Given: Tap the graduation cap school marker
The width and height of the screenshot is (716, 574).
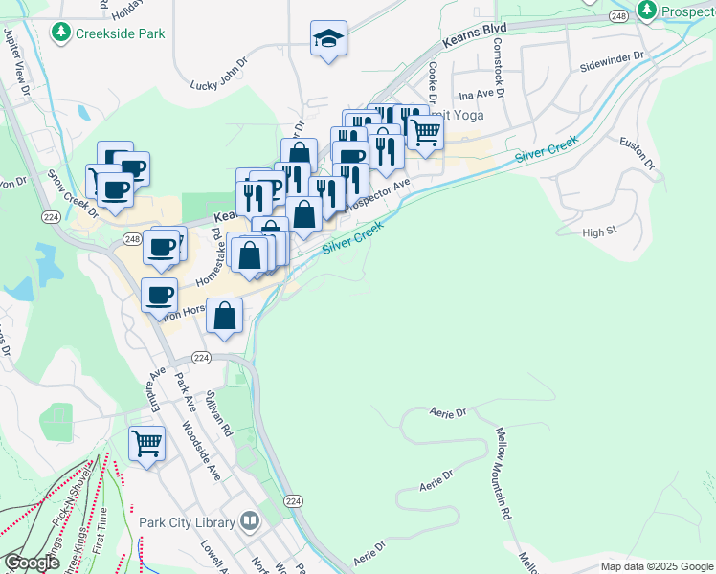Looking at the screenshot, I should [x=328, y=39].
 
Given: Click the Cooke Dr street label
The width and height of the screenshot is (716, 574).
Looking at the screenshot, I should [x=433, y=83].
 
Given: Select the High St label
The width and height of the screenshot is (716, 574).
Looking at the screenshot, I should [x=600, y=232].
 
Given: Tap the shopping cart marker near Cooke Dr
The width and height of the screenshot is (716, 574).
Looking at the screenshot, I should [x=425, y=131].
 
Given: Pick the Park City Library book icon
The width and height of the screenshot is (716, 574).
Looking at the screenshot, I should [x=250, y=521].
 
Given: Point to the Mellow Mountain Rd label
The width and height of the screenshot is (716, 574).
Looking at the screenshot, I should [x=504, y=474].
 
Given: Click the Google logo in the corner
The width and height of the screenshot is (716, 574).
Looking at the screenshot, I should [x=32, y=563].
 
